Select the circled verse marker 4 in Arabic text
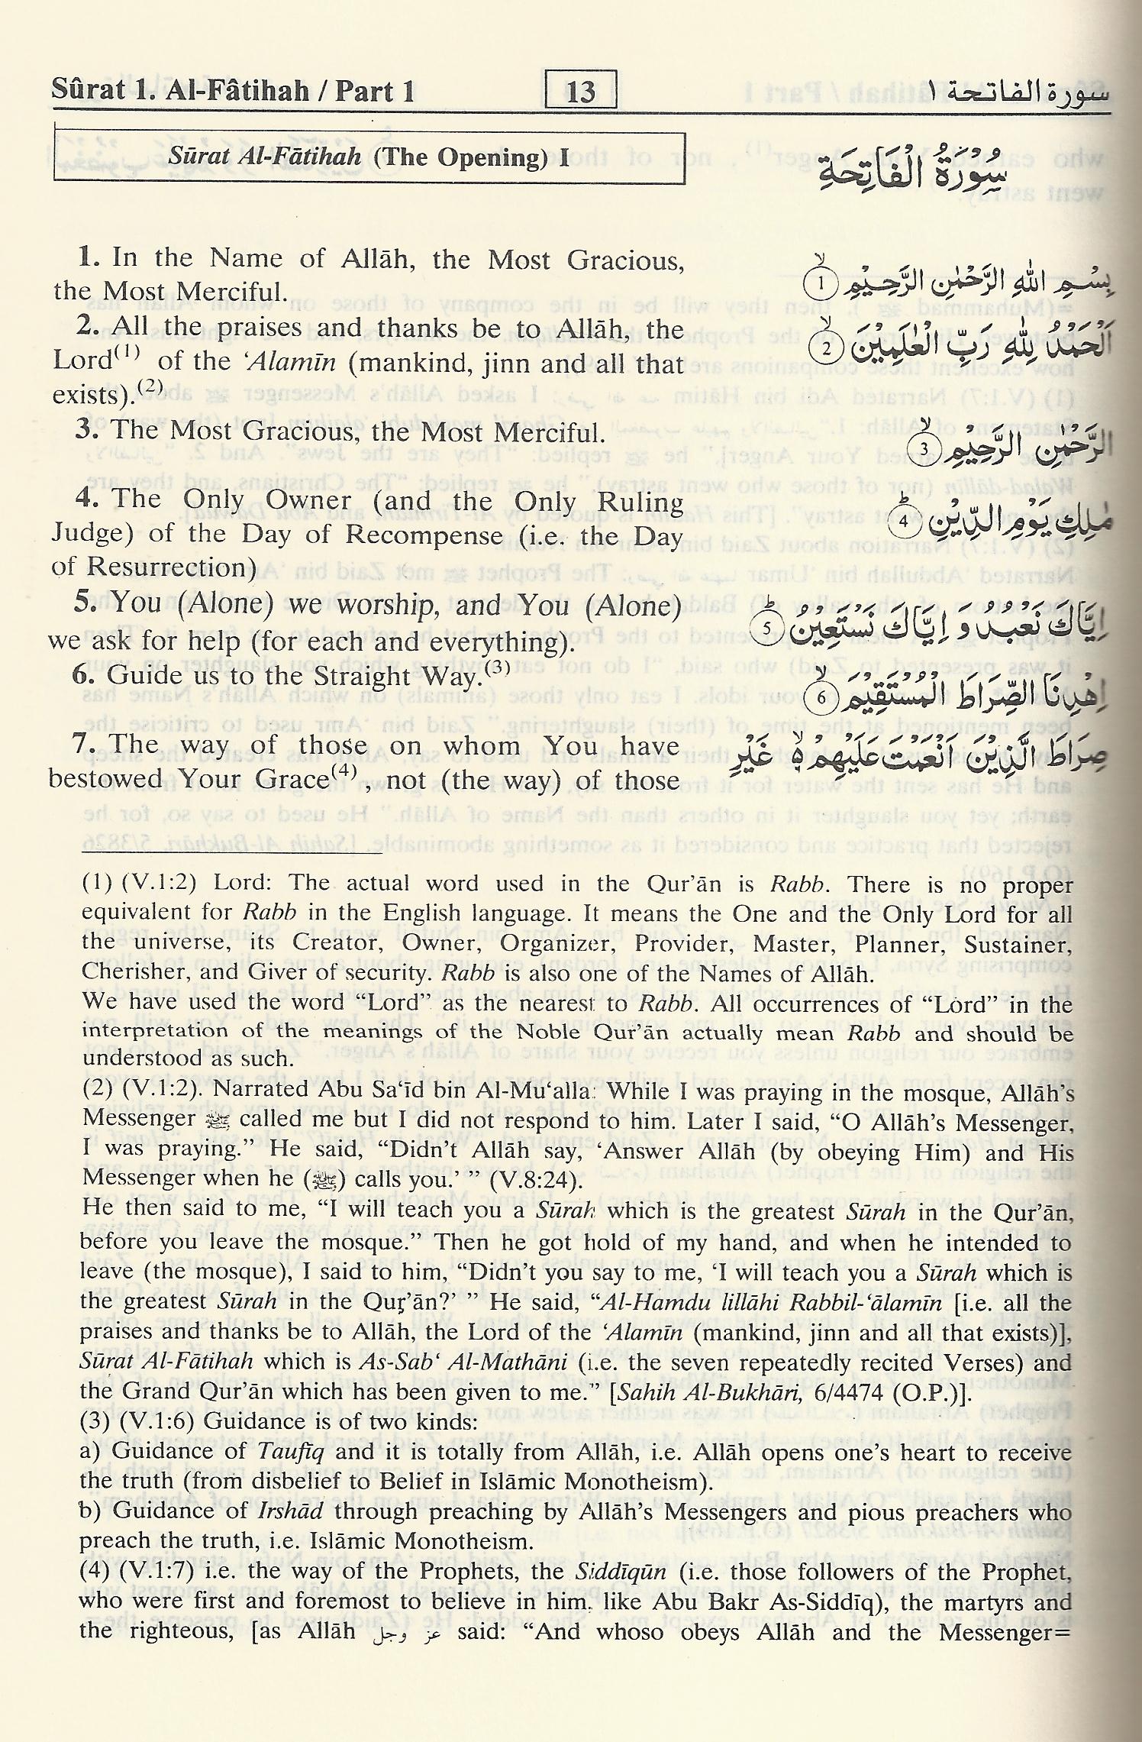pyautogui.click(x=903, y=522)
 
